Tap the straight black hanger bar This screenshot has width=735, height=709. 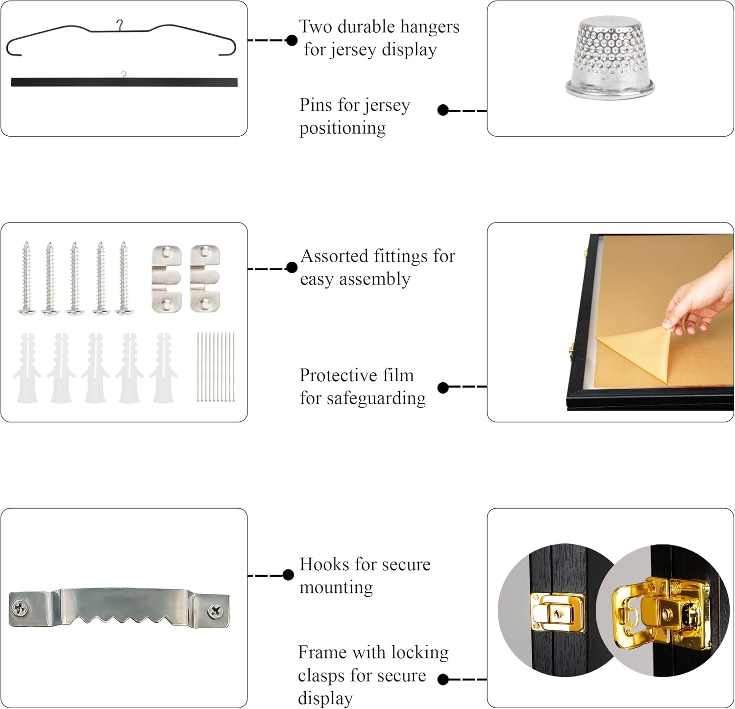(124, 82)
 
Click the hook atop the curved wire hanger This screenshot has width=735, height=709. (119, 24)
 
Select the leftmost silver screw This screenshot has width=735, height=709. (26, 278)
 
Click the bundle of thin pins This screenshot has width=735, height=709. (216, 367)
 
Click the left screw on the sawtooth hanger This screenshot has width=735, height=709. (19, 609)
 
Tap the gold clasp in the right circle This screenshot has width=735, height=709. (661, 610)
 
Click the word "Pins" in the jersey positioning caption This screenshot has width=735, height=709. (316, 105)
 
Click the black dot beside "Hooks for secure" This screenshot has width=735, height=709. (288, 575)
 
